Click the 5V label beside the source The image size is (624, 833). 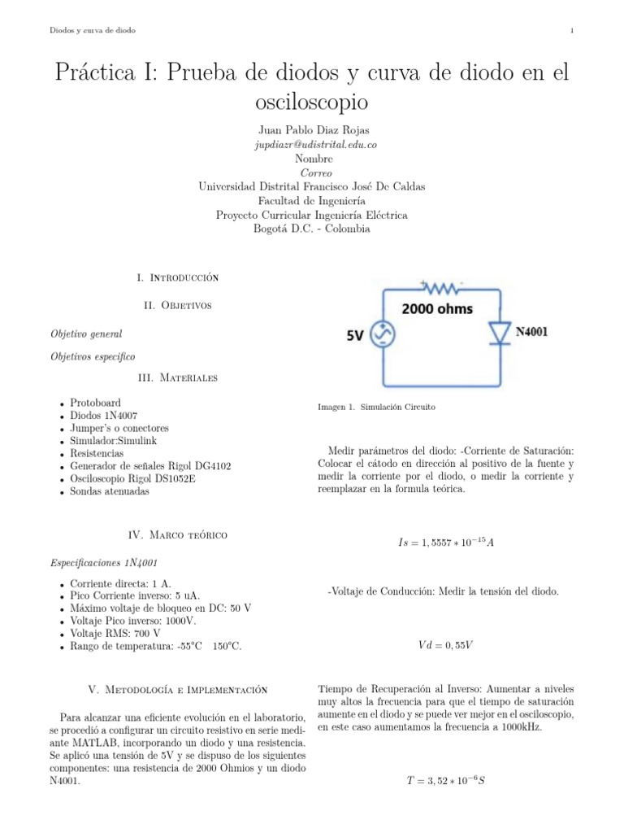pos(355,334)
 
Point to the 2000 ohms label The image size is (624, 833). pos(438,309)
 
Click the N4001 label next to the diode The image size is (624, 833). pos(536,332)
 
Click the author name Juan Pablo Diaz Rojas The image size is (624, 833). pos(312,130)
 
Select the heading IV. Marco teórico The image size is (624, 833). pos(179,534)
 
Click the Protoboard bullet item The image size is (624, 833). pos(96,403)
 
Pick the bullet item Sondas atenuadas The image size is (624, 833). pos(110,491)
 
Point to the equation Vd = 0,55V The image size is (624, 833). pos(445,645)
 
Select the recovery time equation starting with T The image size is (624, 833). pos(446,781)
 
